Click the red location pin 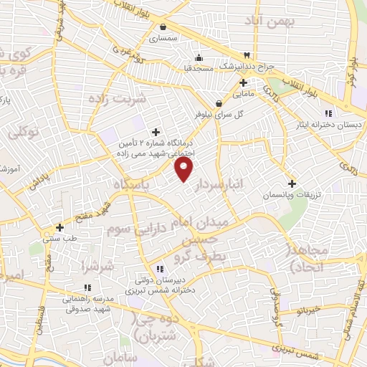point(185,169)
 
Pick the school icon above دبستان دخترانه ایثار point(328,113)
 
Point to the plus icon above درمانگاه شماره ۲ point(156,131)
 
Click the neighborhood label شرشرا point(97,266)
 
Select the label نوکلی point(22,133)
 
